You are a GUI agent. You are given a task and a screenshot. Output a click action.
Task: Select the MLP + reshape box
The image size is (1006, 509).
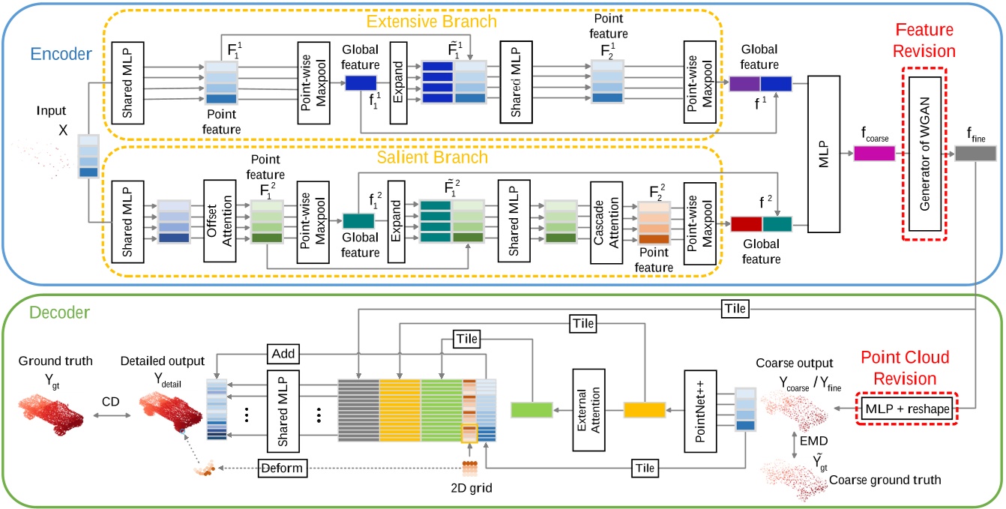click(x=906, y=412)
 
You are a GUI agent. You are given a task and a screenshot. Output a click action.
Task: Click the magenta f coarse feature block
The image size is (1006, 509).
click(x=874, y=154)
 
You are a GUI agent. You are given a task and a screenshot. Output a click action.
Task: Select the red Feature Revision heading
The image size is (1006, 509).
click(x=927, y=41)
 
